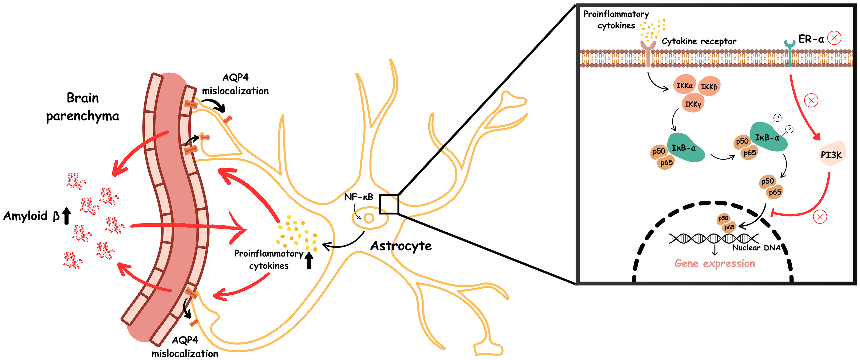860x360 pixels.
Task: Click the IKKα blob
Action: pyautogui.click(x=684, y=85)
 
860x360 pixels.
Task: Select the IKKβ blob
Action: pyautogui.click(x=709, y=87)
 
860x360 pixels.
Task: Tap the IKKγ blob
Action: pyautogui.click(x=693, y=104)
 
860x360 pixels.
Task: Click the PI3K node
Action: pyautogui.click(x=832, y=154)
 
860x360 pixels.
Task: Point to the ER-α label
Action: pyautogui.click(x=811, y=39)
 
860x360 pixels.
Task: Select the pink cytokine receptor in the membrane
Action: pyautogui.click(x=648, y=53)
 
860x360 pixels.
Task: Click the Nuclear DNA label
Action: pyautogui.click(x=756, y=248)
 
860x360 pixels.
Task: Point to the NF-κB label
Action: pyautogui.click(x=359, y=197)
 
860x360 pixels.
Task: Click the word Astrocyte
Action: pyautogui.click(x=401, y=246)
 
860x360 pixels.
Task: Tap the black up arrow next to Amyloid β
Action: pyautogui.click(x=66, y=216)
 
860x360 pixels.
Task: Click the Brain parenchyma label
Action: pyautogui.click(x=82, y=107)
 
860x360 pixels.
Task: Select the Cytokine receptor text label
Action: pyautogui.click(x=699, y=41)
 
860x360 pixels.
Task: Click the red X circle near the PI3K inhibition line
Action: pyautogui.click(x=820, y=217)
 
